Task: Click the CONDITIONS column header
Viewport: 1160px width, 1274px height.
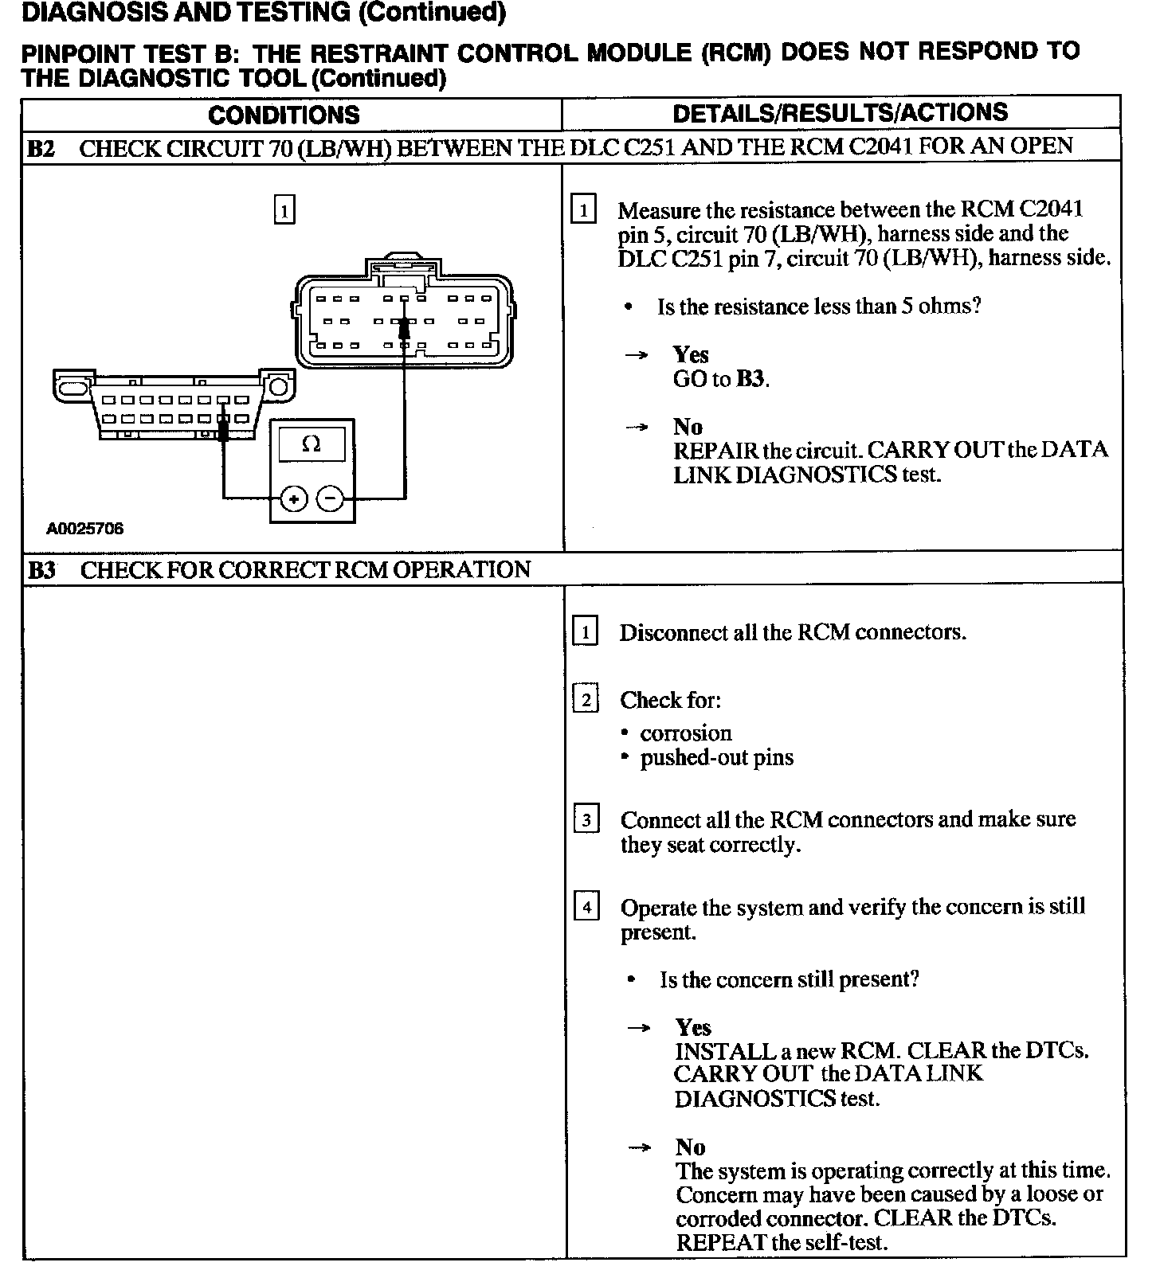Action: (x=284, y=115)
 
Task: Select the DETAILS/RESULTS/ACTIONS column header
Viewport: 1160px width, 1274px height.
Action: (x=841, y=113)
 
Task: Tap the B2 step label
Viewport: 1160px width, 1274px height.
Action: (x=41, y=148)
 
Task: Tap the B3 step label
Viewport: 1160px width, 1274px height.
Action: (x=41, y=570)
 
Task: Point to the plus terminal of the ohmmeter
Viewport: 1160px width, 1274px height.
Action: (x=294, y=499)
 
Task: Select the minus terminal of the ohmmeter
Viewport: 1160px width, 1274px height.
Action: (x=331, y=499)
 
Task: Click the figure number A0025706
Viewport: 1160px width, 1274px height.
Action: (x=85, y=529)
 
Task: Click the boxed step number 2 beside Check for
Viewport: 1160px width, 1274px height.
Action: (x=586, y=700)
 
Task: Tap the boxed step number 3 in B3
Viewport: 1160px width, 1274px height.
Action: (x=586, y=819)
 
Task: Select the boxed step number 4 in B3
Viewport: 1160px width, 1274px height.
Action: (x=586, y=907)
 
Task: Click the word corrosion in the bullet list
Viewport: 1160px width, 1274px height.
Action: (x=685, y=733)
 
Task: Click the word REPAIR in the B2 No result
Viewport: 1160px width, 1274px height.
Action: (x=715, y=451)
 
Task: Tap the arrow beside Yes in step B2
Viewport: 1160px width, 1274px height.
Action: (x=636, y=356)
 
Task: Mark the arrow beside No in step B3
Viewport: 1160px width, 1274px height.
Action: (x=638, y=1147)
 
